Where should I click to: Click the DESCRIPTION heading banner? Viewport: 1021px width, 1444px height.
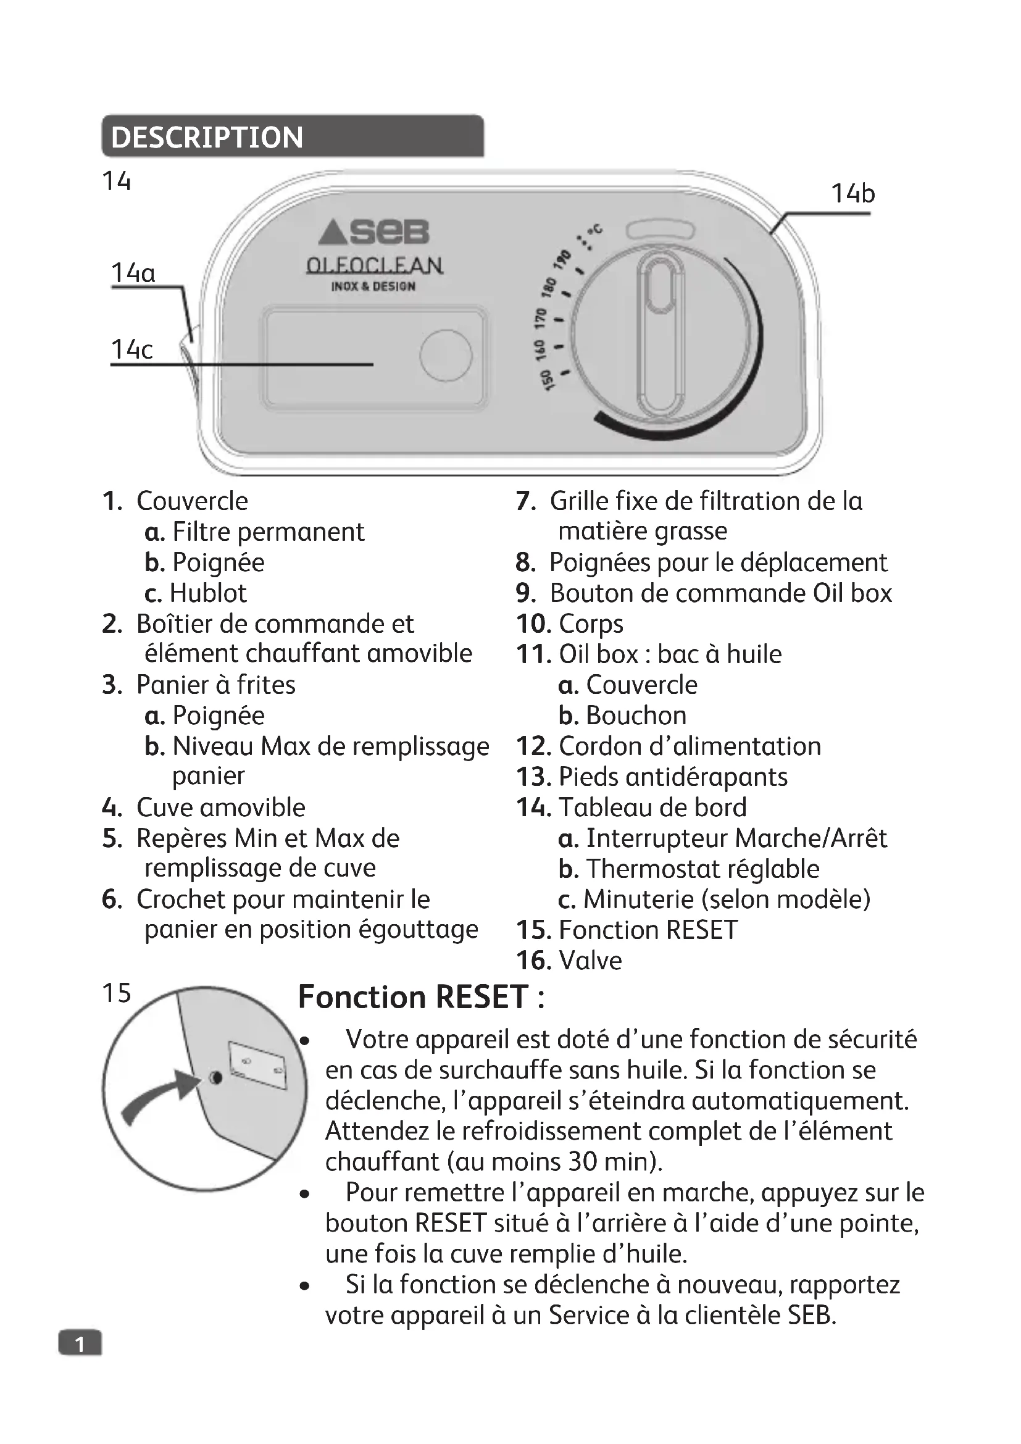293,136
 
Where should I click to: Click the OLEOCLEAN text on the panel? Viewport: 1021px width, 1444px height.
374,265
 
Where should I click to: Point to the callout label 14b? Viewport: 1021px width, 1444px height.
852,193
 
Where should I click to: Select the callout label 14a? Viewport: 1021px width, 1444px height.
133,273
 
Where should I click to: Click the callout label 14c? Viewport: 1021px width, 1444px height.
131,349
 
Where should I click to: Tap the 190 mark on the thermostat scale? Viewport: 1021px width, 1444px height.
562,259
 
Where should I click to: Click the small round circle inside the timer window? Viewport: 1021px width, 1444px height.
446,356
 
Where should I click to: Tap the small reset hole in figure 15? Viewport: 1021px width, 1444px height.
215,1078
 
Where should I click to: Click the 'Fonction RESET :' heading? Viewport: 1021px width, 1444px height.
421,997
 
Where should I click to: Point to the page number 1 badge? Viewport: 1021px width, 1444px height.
80,1344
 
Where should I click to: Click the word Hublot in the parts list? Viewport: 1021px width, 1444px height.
208,593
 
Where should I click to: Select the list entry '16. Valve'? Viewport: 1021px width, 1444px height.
569,961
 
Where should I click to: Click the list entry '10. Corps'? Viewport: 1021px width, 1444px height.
570,624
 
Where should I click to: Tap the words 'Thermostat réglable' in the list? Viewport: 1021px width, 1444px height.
702,869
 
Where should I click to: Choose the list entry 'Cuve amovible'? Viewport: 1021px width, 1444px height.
220,808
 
